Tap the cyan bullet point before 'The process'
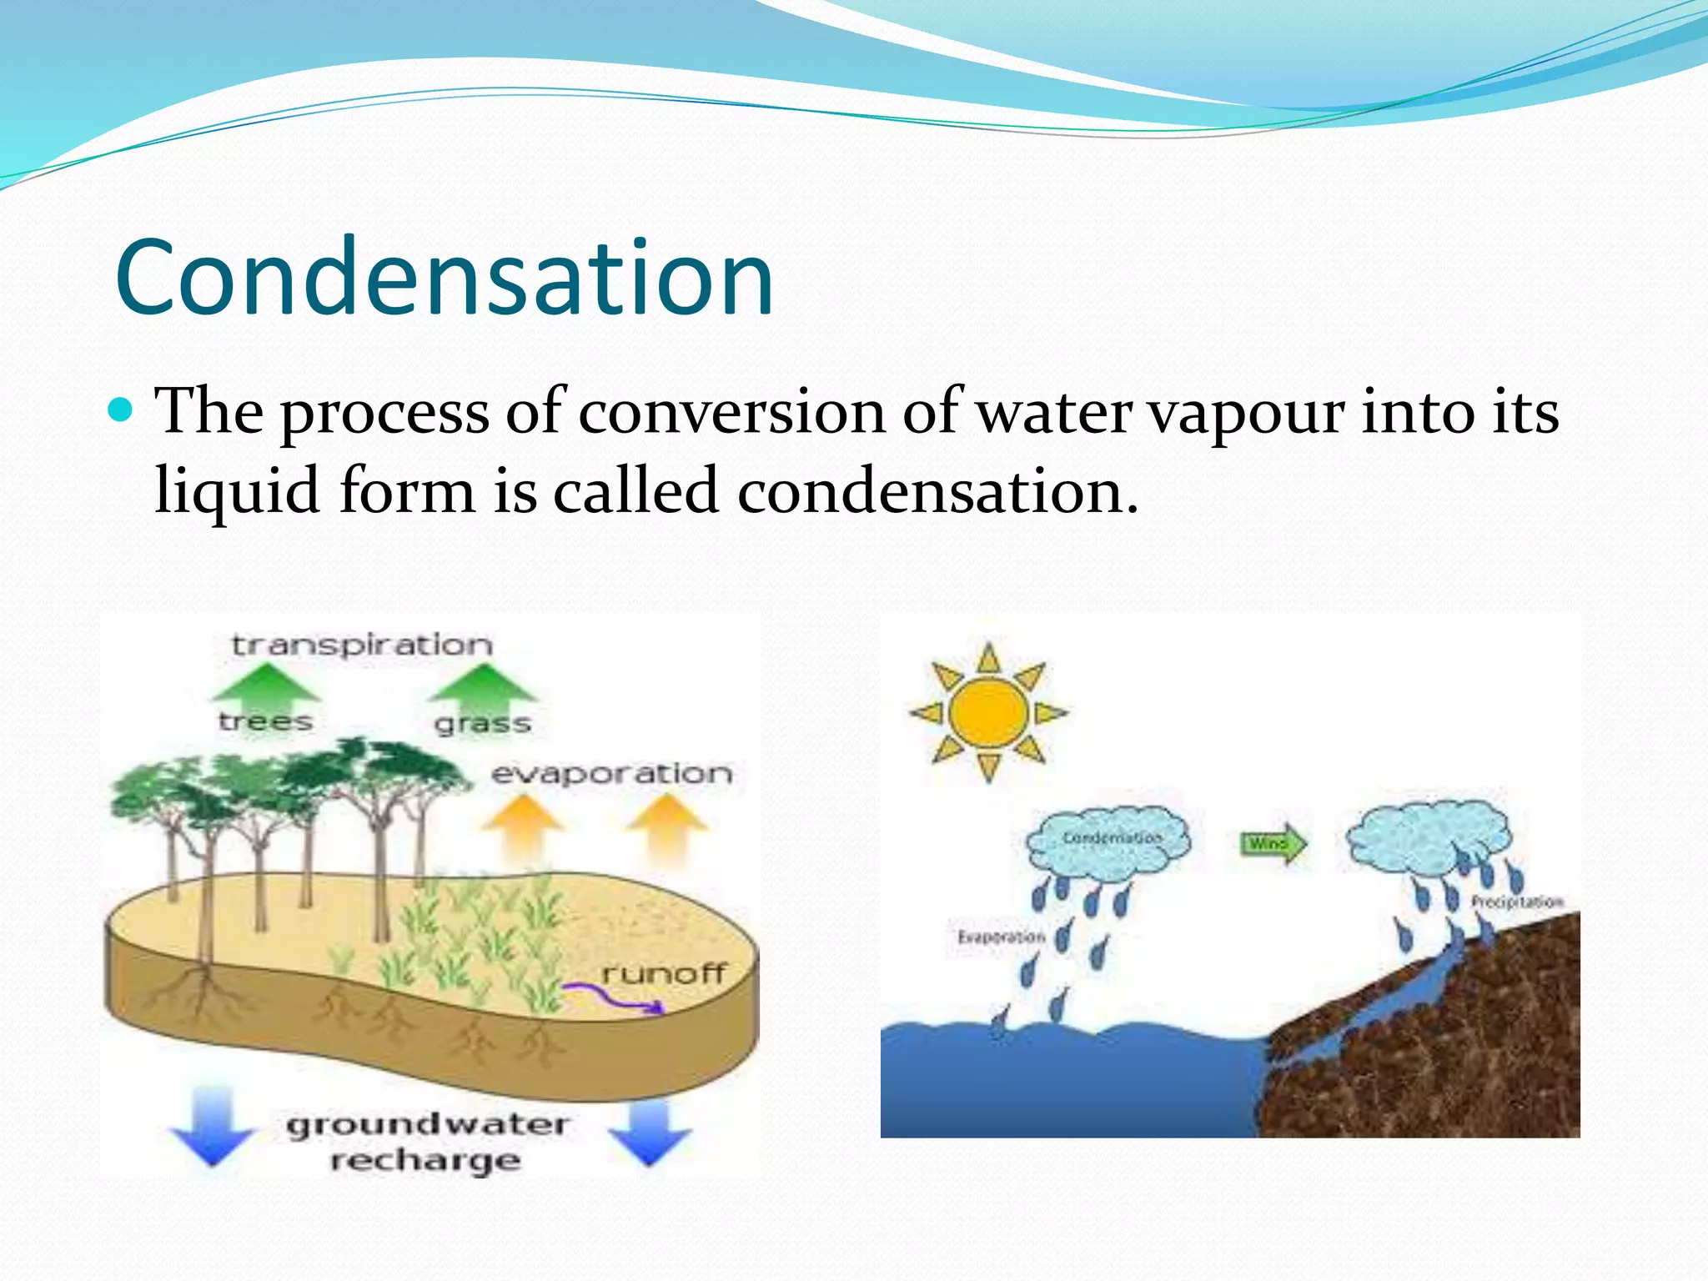coord(122,410)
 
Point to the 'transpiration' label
coord(362,646)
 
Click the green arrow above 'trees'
coord(266,684)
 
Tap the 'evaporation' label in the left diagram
coord(611,774)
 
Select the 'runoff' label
coord(664,973)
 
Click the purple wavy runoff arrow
coord(613,997)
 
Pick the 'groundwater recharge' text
coord(427,1142)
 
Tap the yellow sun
coord(988,713)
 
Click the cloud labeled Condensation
coord(1109,841)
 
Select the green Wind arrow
coord(1273,844)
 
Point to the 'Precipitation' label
coord(1516,902)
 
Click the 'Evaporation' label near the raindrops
coord(1001,937)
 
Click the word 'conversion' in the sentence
coord(731,413)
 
